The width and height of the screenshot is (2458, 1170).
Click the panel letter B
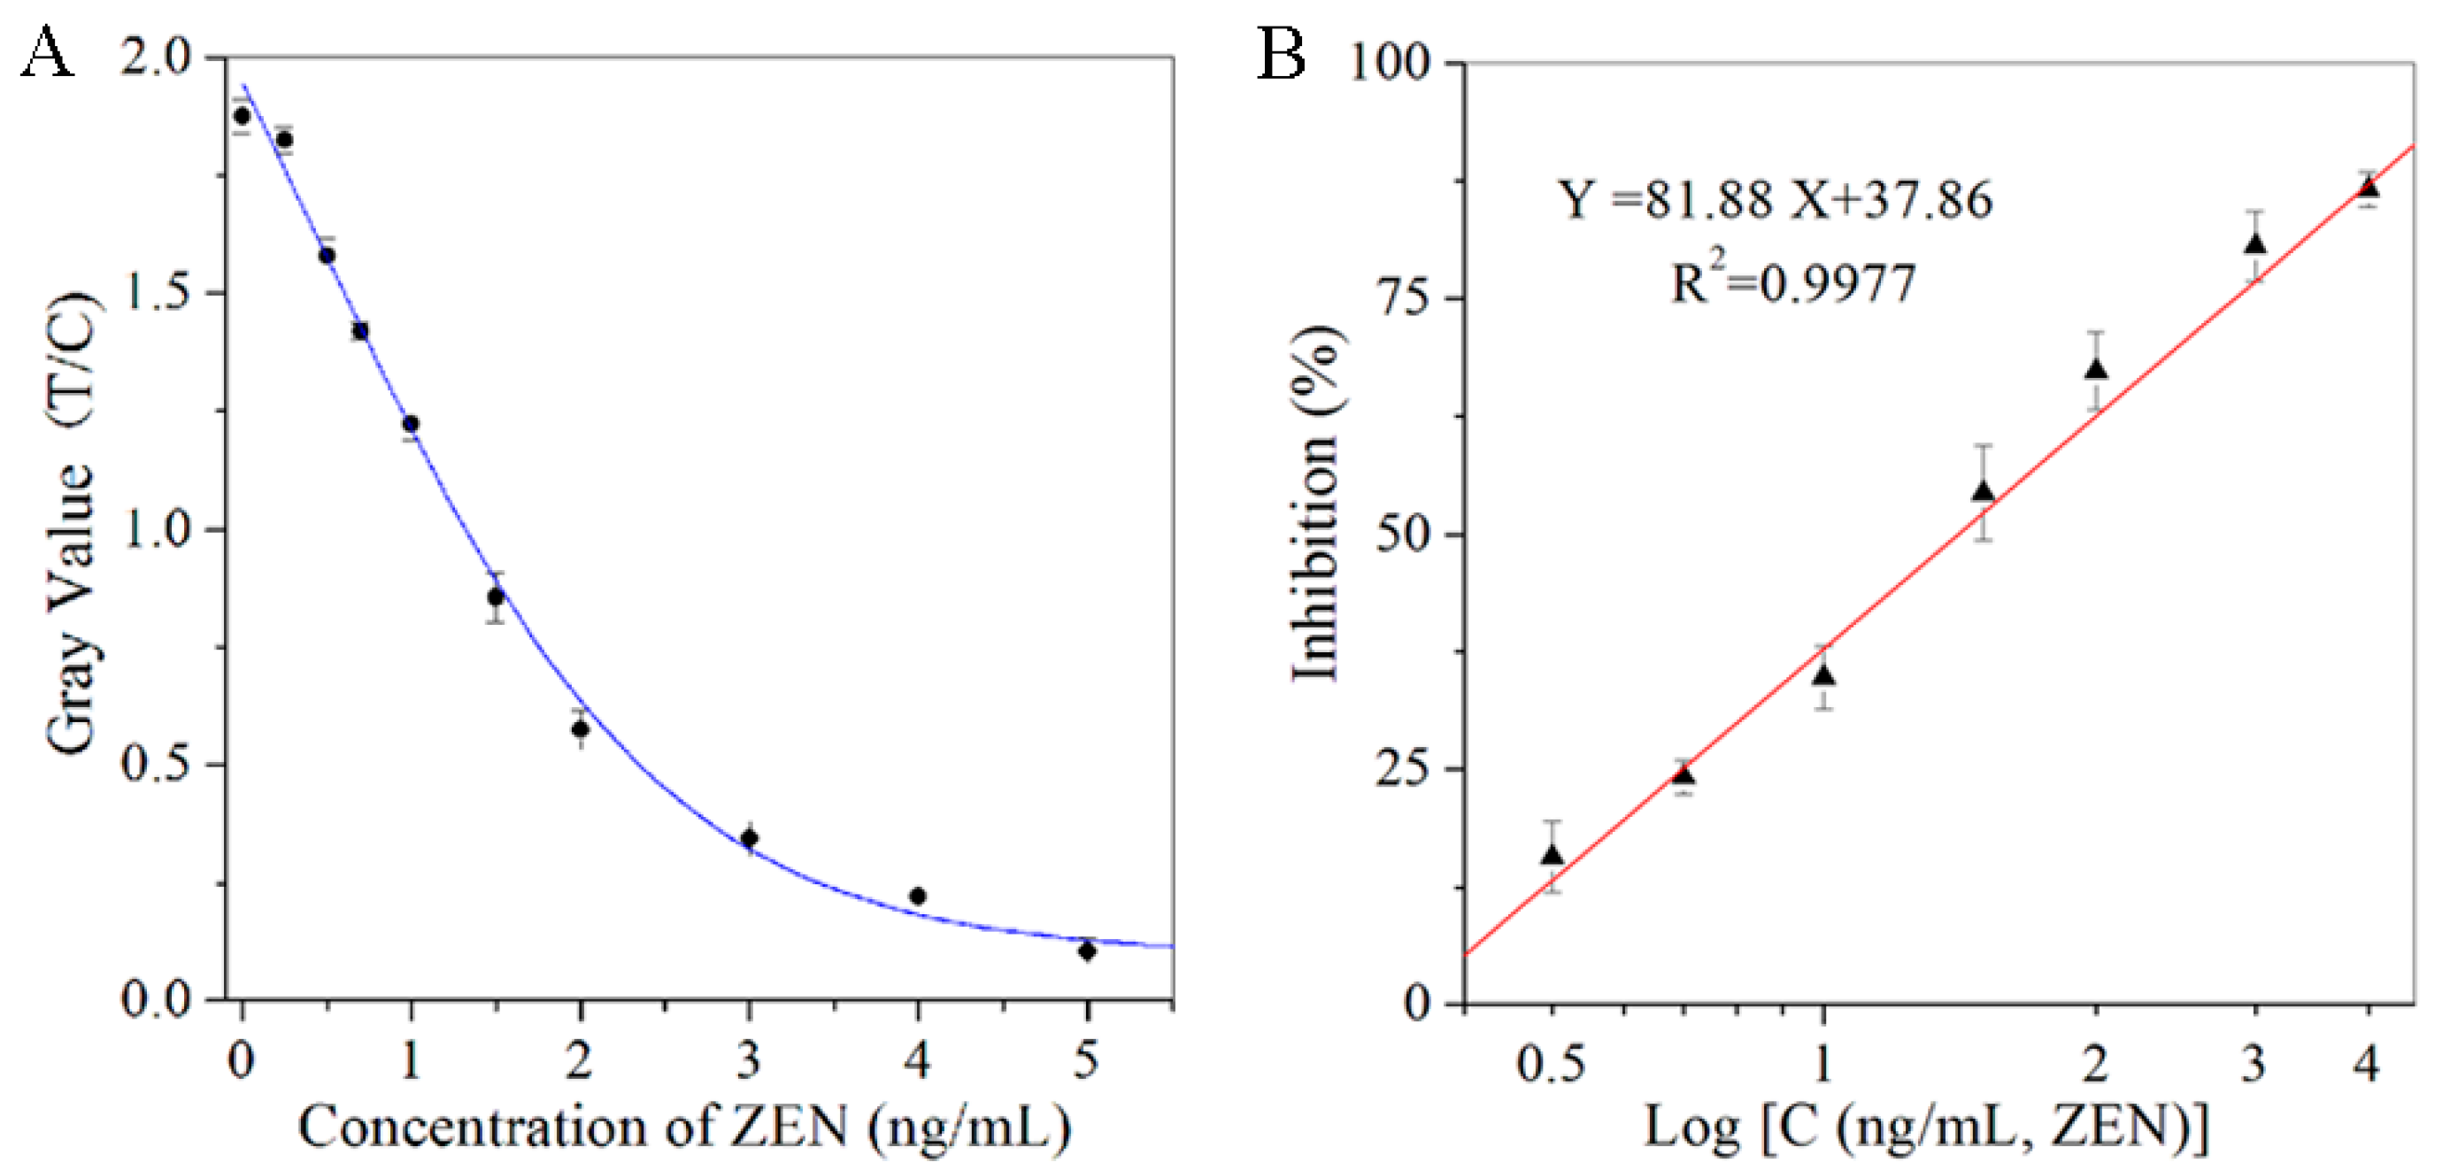pos(1280,53)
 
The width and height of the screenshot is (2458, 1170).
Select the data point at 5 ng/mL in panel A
pos(1086,951)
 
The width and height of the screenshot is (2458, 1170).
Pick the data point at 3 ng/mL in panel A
pos(749,838)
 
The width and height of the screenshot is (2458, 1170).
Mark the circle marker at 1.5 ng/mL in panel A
pos(495,597)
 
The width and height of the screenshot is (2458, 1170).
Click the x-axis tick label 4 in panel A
pos(917,1060)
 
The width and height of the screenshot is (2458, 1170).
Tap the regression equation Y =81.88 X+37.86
pos(1775,200)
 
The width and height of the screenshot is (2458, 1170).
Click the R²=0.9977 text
pos(1792,282)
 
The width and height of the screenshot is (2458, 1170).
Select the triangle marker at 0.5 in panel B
pos(1553,855)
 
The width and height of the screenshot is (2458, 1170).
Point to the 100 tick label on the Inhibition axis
pos(1391,64)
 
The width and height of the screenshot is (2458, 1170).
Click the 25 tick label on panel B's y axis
pos(1403,769)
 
